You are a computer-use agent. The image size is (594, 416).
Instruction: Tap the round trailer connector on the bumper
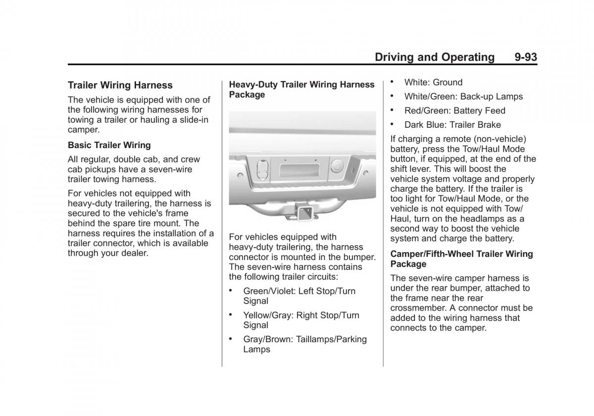pyautogui.click(x=338, y=165)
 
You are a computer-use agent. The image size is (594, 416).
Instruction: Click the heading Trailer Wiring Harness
pyautogui.click(x=120, y=85)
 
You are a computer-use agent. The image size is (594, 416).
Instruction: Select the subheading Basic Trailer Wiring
pyautogui.click(x=109, y=145)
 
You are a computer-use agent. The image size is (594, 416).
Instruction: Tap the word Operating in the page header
pyautogui.click(x=464, y=57)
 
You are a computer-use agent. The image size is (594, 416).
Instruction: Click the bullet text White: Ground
pyautogui.click(x=433, y=83)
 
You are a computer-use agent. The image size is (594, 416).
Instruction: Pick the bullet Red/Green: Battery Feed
pyautogui.click(x=454, y=111)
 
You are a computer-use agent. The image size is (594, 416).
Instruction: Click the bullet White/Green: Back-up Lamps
pyautogui.click(x=463, y=97)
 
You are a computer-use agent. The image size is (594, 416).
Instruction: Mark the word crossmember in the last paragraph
pyautogui.click(x=414, y=308)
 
